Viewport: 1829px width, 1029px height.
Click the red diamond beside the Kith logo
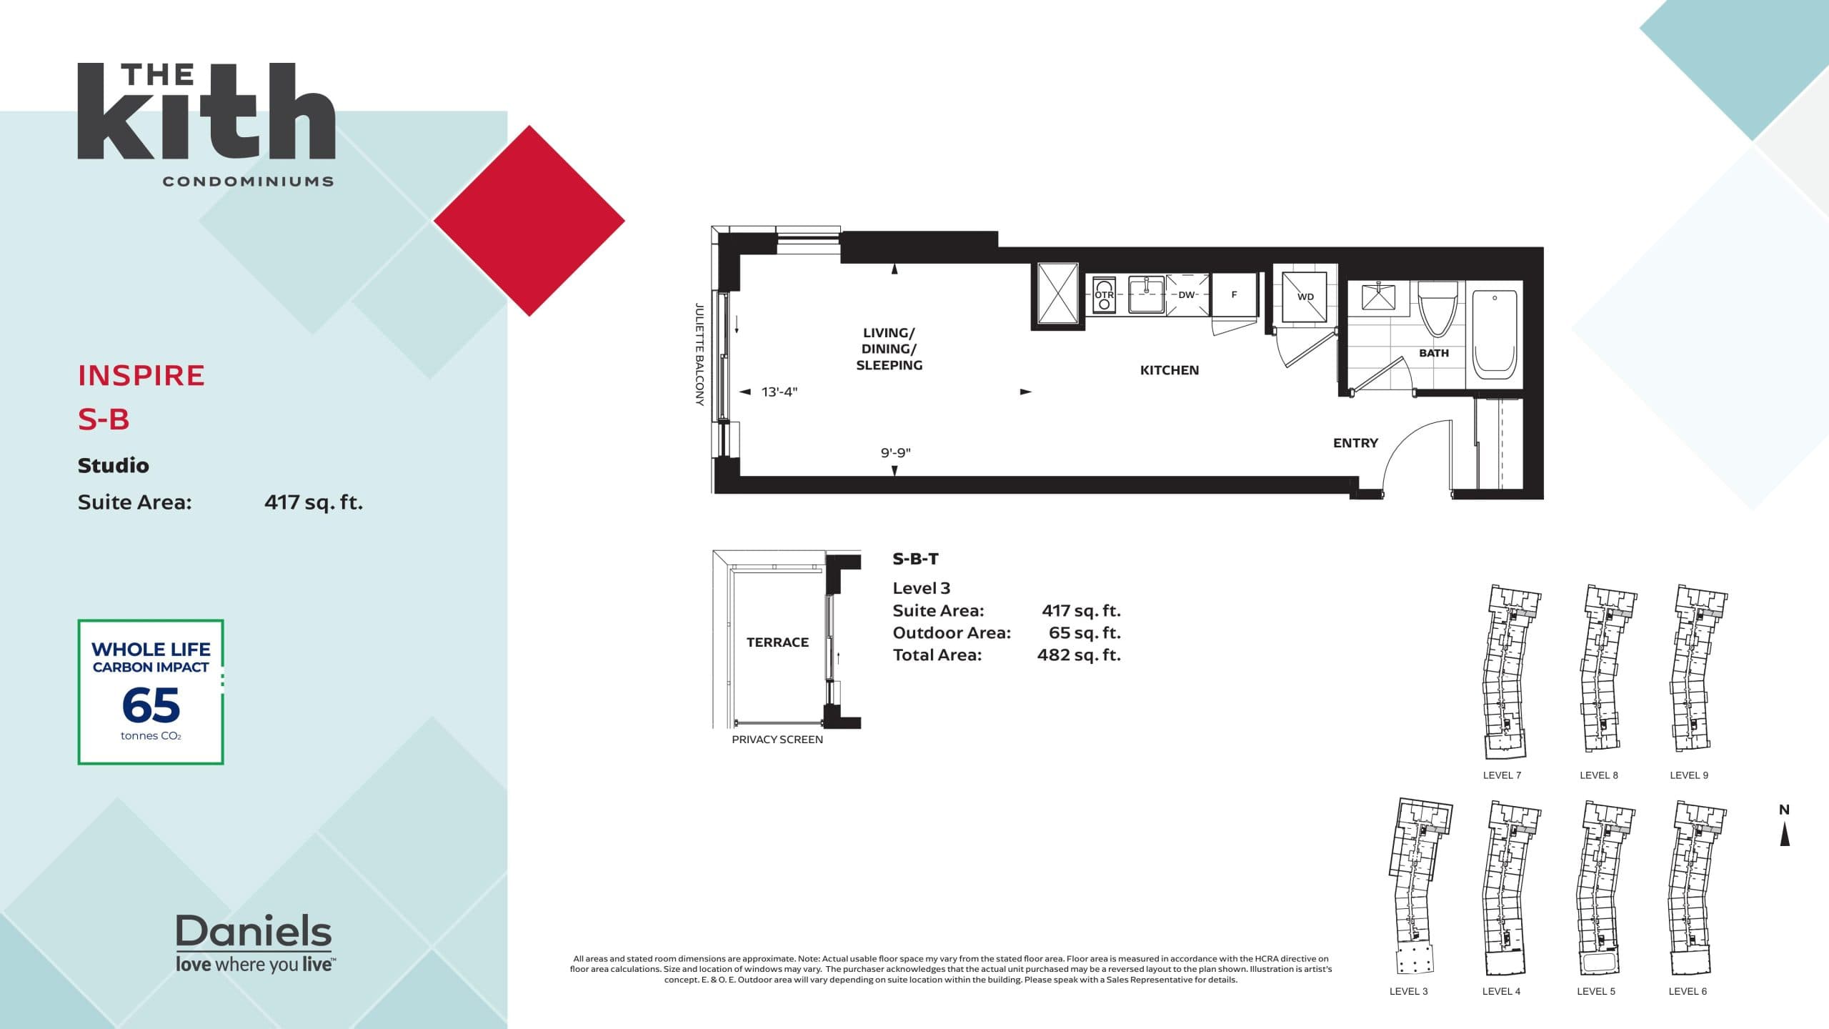[529, 221]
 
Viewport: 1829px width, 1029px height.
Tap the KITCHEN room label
[1169, 370]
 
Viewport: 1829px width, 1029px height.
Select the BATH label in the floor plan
[1433, 353]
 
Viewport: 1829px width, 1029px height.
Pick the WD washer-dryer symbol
[1305, 297]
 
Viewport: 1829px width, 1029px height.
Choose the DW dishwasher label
[1186, 294]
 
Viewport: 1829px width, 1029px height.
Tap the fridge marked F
[1234, 294]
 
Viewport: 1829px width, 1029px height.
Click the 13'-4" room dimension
[779, 392]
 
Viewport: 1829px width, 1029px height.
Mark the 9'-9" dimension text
[895, 452]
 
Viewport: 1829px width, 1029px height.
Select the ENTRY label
[1355, 443]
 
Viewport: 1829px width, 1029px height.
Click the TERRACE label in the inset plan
[777, 642]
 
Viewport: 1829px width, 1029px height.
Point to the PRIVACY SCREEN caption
[777, 740]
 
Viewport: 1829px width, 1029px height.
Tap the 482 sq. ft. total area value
[1079, 655]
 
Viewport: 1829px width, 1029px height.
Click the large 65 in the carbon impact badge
[151, 705]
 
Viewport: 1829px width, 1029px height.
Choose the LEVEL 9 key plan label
[1689, 775]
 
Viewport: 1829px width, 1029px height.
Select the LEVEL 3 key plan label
[1408, 991]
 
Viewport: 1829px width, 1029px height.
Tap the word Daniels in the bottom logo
[254, 931]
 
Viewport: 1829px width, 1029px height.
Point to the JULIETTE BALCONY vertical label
[699, 354]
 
